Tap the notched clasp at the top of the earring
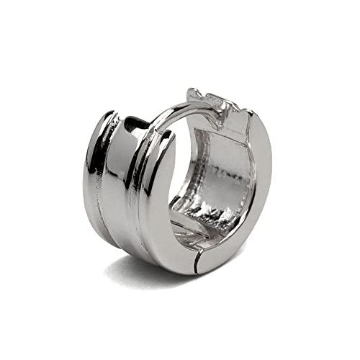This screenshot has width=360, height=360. click(216, 101)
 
